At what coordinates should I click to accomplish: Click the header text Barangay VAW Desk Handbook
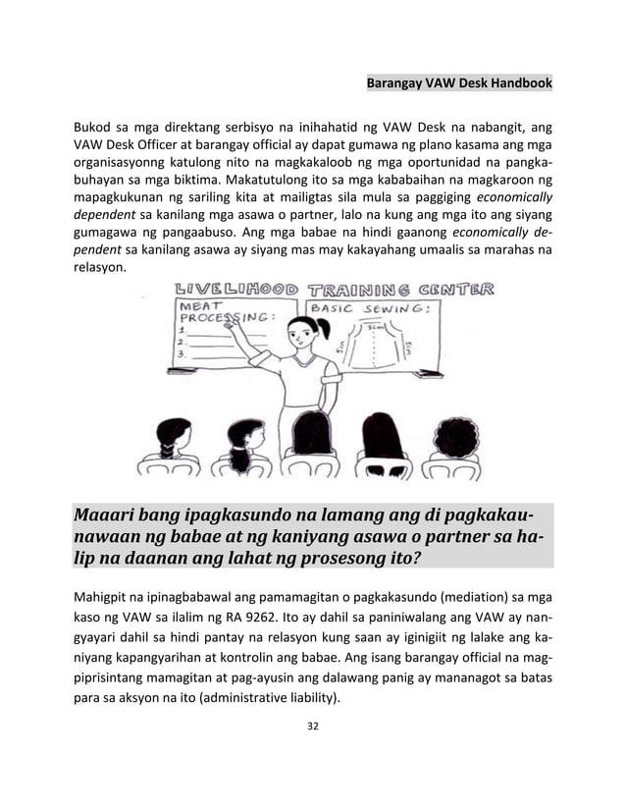(x=459, y=84)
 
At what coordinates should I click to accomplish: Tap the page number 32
(x=312, y=727)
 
